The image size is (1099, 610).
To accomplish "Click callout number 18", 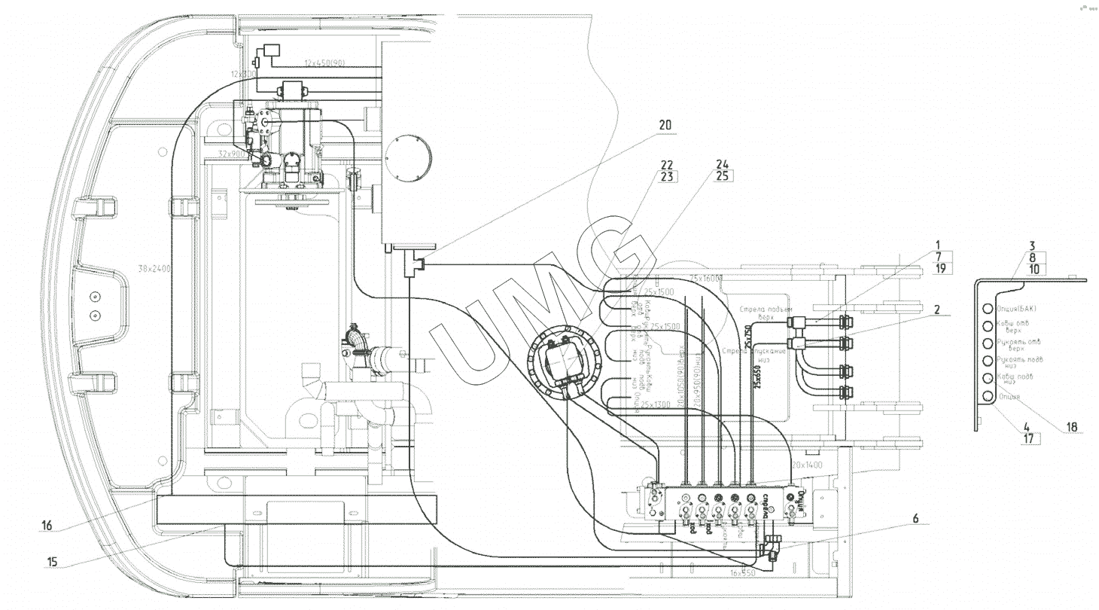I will click(x=1072, y=428).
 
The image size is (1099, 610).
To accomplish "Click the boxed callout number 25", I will click(x=723, y=178).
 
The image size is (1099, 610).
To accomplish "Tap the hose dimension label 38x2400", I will click(x=154, y=268).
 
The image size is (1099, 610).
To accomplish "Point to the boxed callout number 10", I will click(x=1033, y=269).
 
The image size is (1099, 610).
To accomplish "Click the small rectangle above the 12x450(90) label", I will click(x=272, y=50).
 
